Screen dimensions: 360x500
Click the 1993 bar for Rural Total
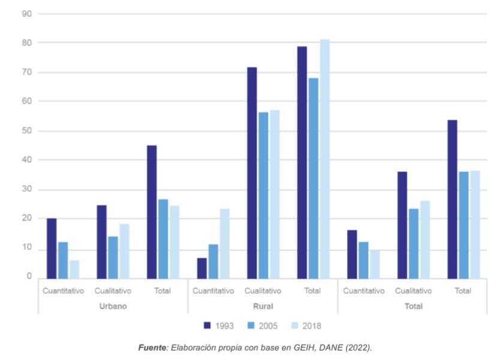click(x=302, y=162)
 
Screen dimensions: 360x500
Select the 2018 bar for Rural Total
click(x=324, y=159)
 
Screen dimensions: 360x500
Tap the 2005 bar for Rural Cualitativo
click(x=263, y=195)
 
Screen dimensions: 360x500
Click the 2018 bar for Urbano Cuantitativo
click(x=74, y=269)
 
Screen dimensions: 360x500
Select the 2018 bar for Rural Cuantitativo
click(x=224, y=243)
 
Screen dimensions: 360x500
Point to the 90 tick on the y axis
click(x=26, y=13)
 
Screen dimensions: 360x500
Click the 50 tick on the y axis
click(x=26, y=131)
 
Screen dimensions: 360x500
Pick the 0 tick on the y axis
click(x=28, y=276)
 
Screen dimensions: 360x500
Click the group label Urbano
click(x=113, y=306)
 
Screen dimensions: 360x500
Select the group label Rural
click(x=263, y=306)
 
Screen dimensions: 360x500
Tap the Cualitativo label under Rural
click(x=263, y=291)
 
